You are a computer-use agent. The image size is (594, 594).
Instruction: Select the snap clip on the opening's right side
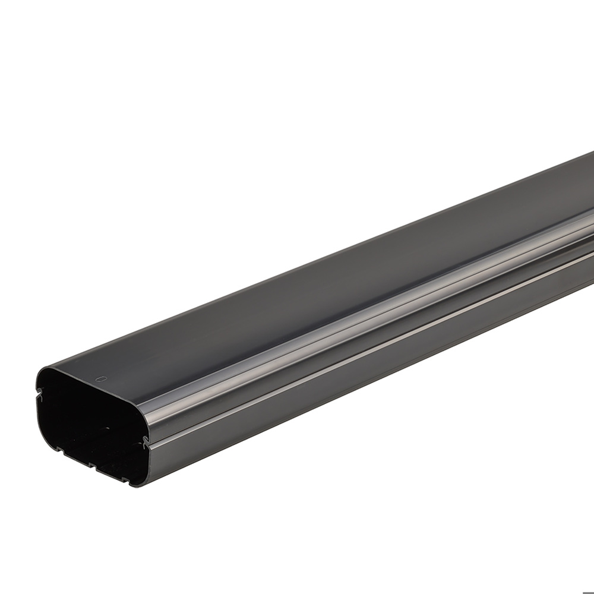click(142, 440)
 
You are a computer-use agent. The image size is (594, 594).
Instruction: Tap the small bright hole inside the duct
click(108, 426)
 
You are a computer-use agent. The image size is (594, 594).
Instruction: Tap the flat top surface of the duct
click(297, 267)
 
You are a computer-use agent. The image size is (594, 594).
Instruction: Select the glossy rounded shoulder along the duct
click(356, 309)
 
